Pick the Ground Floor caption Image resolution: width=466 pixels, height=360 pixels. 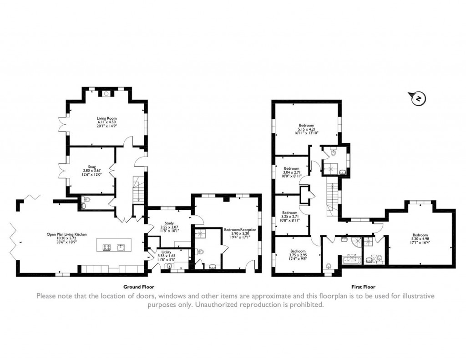139,287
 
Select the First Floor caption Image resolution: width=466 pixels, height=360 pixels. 363,287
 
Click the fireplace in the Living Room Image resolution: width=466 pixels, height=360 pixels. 106,94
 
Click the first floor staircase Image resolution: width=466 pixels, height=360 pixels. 332,196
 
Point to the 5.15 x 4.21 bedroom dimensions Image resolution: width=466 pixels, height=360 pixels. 306,129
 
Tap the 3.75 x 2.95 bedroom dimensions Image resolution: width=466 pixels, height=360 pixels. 298,255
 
